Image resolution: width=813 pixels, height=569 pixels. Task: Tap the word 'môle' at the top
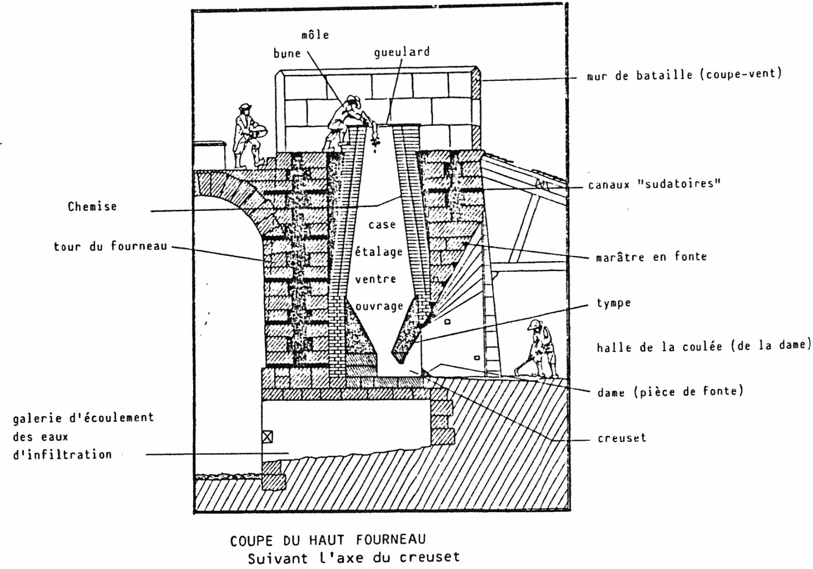[315, 35]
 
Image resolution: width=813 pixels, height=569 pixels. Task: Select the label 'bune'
[287, 54]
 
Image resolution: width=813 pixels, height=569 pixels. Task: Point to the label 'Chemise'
[92, 207]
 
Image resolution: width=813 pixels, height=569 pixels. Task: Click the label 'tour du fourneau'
[110, 247]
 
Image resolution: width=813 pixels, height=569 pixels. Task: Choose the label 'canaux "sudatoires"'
[654, 184]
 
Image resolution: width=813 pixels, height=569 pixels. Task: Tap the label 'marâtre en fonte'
[651, 257]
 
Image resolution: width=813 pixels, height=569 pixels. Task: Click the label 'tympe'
[613, 303]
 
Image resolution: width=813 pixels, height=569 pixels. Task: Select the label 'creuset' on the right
[621, 438]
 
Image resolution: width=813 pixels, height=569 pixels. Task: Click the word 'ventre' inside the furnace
[375, 279]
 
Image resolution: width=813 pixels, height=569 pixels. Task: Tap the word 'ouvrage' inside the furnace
[379, 306]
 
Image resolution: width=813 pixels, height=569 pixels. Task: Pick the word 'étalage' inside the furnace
[379, 251]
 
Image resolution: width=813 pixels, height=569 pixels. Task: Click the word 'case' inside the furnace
[382, 225]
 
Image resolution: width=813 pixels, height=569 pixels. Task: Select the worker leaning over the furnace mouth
[348, 120]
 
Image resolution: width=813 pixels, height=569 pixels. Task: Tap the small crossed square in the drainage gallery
[267, 437]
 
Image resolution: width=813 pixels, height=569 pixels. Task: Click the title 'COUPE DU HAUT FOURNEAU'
[328, 540]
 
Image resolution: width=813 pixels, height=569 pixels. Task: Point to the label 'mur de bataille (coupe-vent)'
[684, 75]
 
